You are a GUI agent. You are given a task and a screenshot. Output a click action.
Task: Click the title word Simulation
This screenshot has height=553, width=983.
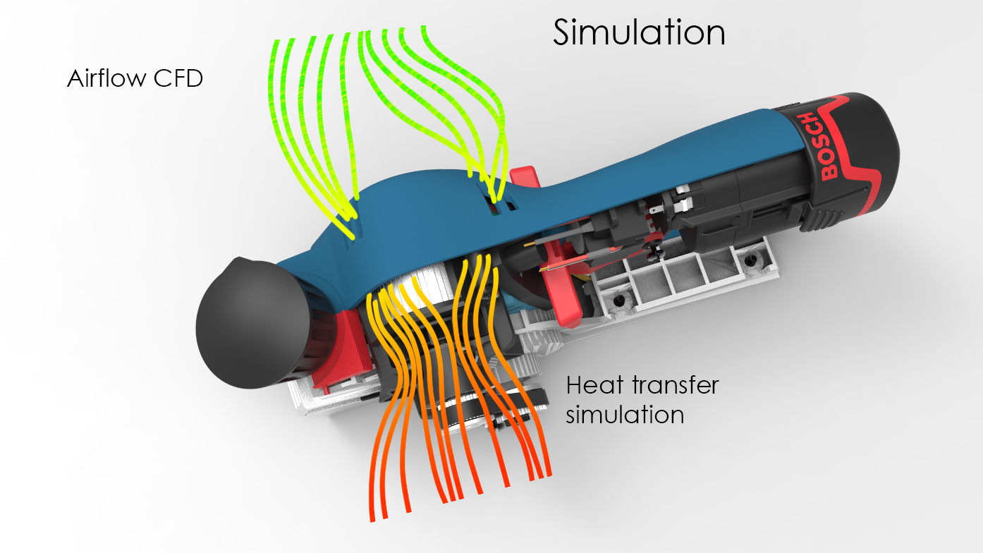639,32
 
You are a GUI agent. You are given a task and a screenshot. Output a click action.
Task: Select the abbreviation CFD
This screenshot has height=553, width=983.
178,78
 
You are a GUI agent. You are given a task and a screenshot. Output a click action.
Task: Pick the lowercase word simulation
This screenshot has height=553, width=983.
625,415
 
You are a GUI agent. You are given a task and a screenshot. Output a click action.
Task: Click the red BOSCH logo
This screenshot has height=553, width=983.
824,146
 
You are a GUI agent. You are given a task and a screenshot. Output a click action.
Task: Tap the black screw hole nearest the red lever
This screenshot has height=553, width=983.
619,300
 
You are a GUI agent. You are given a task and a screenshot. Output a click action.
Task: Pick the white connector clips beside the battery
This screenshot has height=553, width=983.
683,197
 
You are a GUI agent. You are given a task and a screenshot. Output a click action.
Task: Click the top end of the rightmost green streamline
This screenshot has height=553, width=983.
424,28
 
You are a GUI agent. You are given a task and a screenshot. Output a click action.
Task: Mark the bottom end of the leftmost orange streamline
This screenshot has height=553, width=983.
372,521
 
